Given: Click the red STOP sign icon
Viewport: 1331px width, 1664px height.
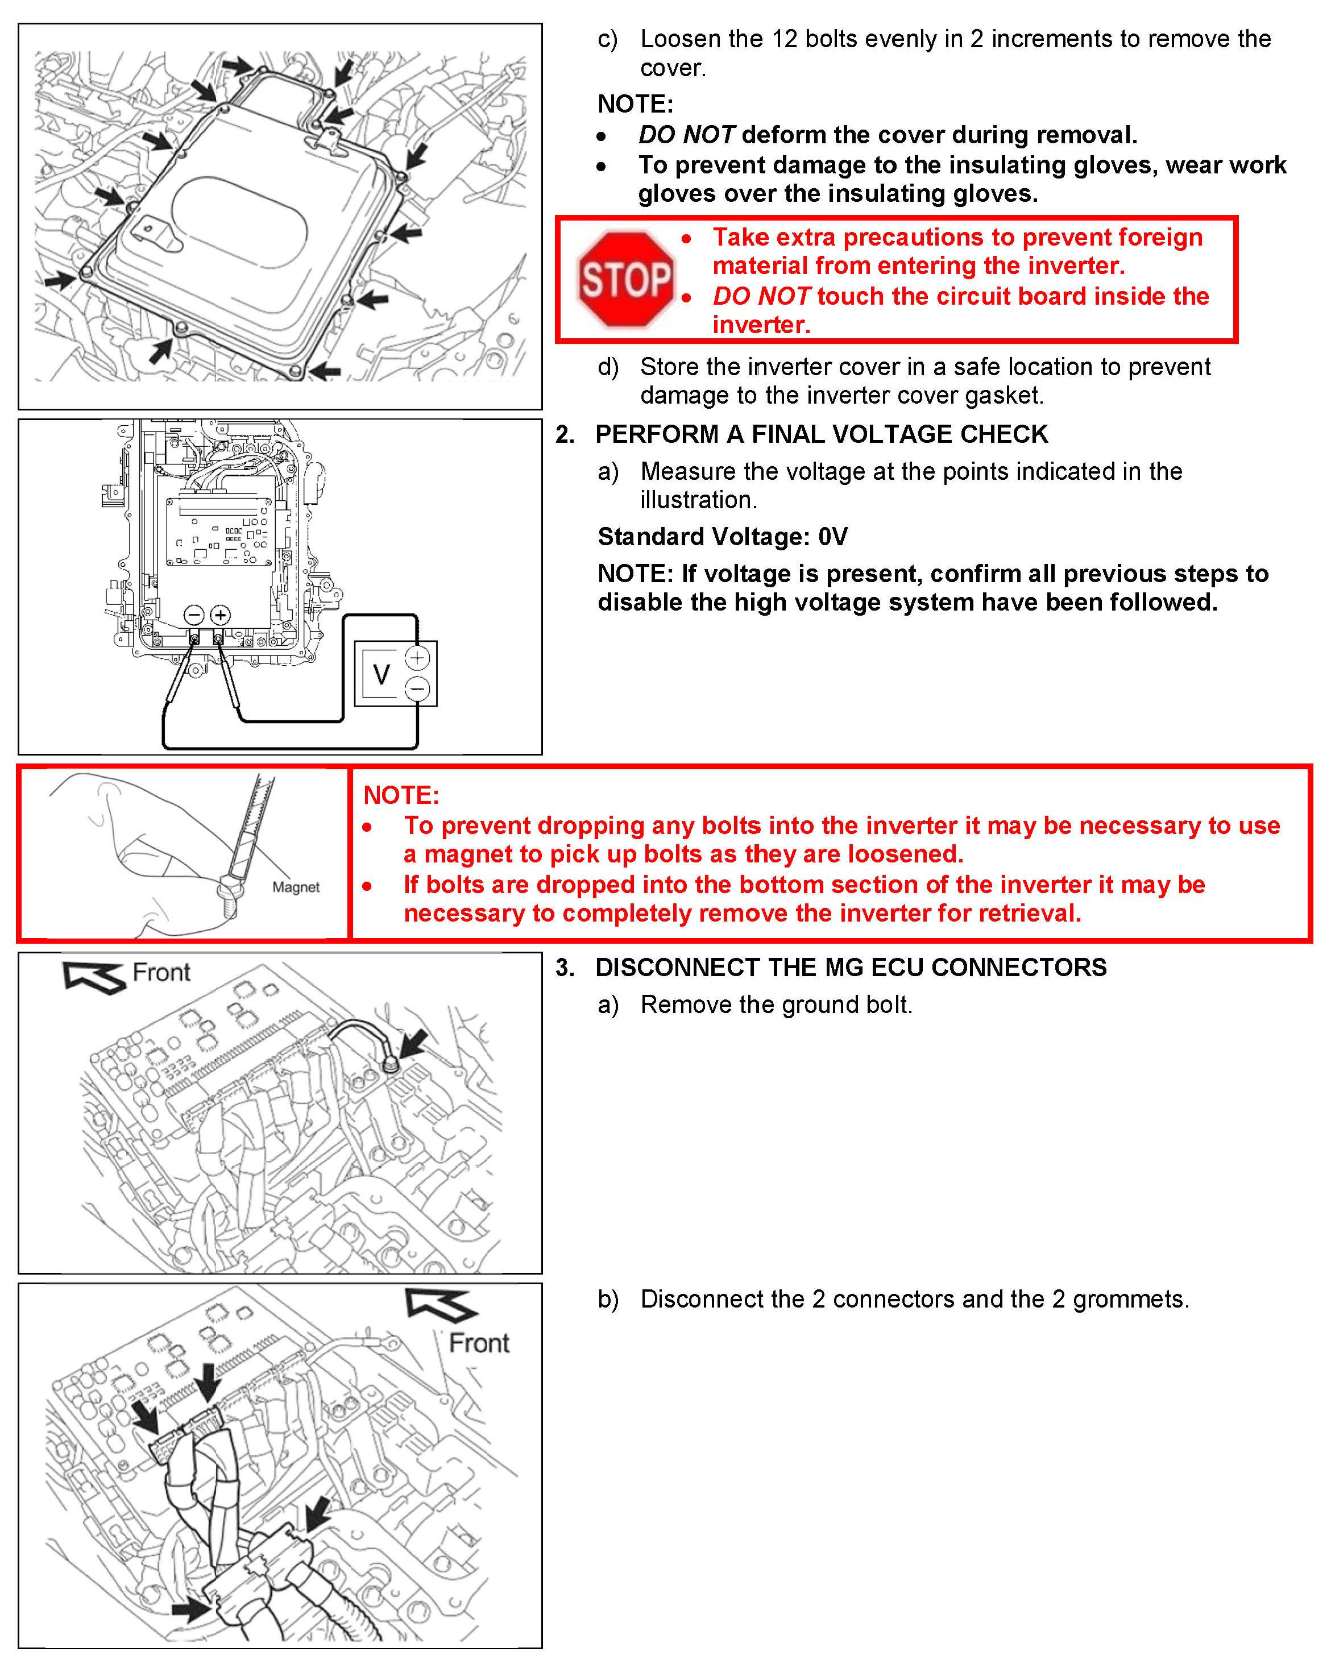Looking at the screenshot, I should tap(625, 279).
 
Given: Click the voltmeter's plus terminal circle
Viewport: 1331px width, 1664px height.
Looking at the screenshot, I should tap(418, 658).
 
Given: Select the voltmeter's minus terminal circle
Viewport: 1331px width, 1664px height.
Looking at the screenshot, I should tap(418, 688).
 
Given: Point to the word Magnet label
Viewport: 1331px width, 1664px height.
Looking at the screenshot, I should tap(296, 887).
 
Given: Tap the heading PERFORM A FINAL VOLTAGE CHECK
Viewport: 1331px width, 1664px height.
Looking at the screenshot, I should tap(822, 434).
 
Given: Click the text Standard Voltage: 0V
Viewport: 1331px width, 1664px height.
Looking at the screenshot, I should tap(723, 537).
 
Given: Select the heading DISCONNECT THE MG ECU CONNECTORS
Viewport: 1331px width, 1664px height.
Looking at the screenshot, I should tap(851, 967).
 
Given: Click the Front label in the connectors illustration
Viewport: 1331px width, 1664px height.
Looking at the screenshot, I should tap(479, 1343).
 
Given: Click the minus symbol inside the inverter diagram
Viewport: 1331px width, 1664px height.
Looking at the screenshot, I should tap(194, 615).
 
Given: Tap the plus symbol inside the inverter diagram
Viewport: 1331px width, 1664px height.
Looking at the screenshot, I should tap(220, 615).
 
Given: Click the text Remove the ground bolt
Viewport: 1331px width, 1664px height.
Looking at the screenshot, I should tap(776, 1005).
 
